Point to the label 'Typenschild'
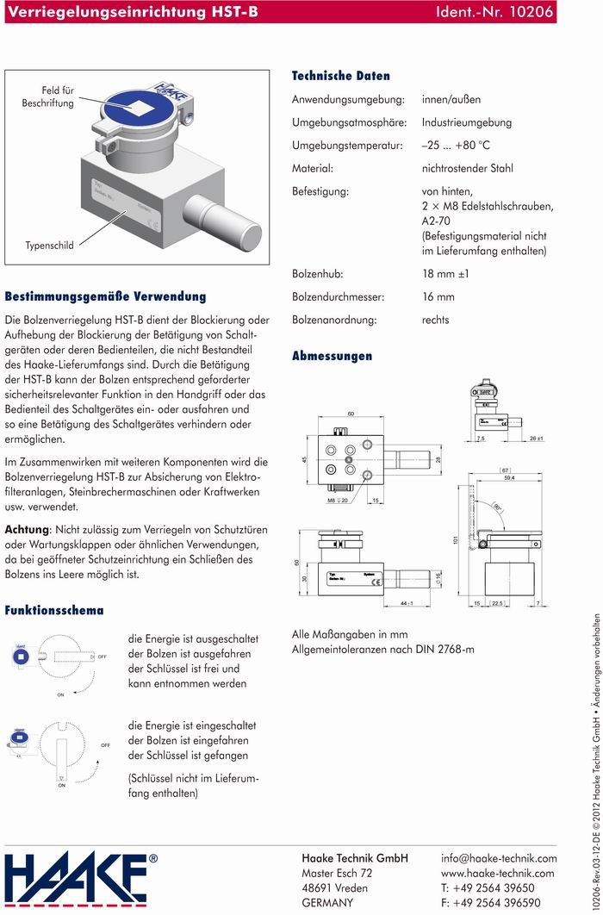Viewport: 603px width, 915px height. (x=49, y=246)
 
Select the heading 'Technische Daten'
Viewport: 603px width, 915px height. (x=340, y=76)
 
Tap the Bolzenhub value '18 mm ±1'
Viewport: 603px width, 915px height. (x=444, y=275)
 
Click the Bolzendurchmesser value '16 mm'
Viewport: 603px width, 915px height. (x=438, y=297)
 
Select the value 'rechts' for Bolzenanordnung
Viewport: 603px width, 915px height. (x=436, y=321)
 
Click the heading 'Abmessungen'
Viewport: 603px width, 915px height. (x=332, y=356)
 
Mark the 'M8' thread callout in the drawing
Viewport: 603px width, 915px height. (x=331, y=500)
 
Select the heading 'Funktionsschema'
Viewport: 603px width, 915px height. (x=54, y=611)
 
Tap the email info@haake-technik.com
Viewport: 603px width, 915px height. (x=499, y=858)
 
